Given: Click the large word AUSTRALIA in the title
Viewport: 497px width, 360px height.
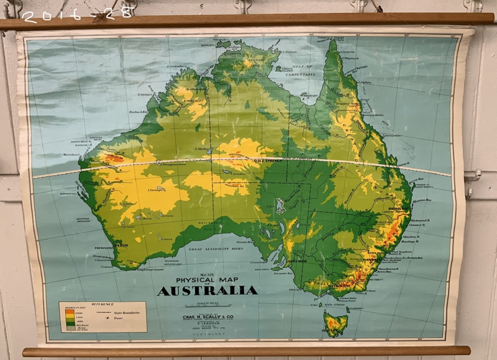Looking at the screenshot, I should pos(207,290).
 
